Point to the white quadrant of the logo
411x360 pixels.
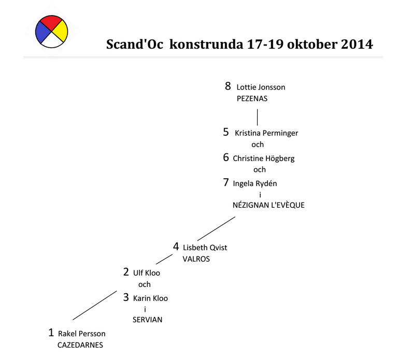click(51, 41)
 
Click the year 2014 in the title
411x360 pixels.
click(357, 44)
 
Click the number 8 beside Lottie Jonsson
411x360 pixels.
click(228, 86)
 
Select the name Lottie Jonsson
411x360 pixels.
click(261, 87)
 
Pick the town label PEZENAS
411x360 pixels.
click(251, 98)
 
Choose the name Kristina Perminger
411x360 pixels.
click(266, 133)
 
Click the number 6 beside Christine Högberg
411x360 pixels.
click(226, 157)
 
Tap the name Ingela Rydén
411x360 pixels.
click(251, 183)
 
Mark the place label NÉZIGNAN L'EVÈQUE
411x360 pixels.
click(268, 205)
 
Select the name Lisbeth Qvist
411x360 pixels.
click(205, 248)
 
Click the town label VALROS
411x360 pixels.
click(196, 259)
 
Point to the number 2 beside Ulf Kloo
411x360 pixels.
click(126, 272)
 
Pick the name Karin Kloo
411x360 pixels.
click(150, 298)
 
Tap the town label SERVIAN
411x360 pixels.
click(147, 320)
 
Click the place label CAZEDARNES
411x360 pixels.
click(80, 345)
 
